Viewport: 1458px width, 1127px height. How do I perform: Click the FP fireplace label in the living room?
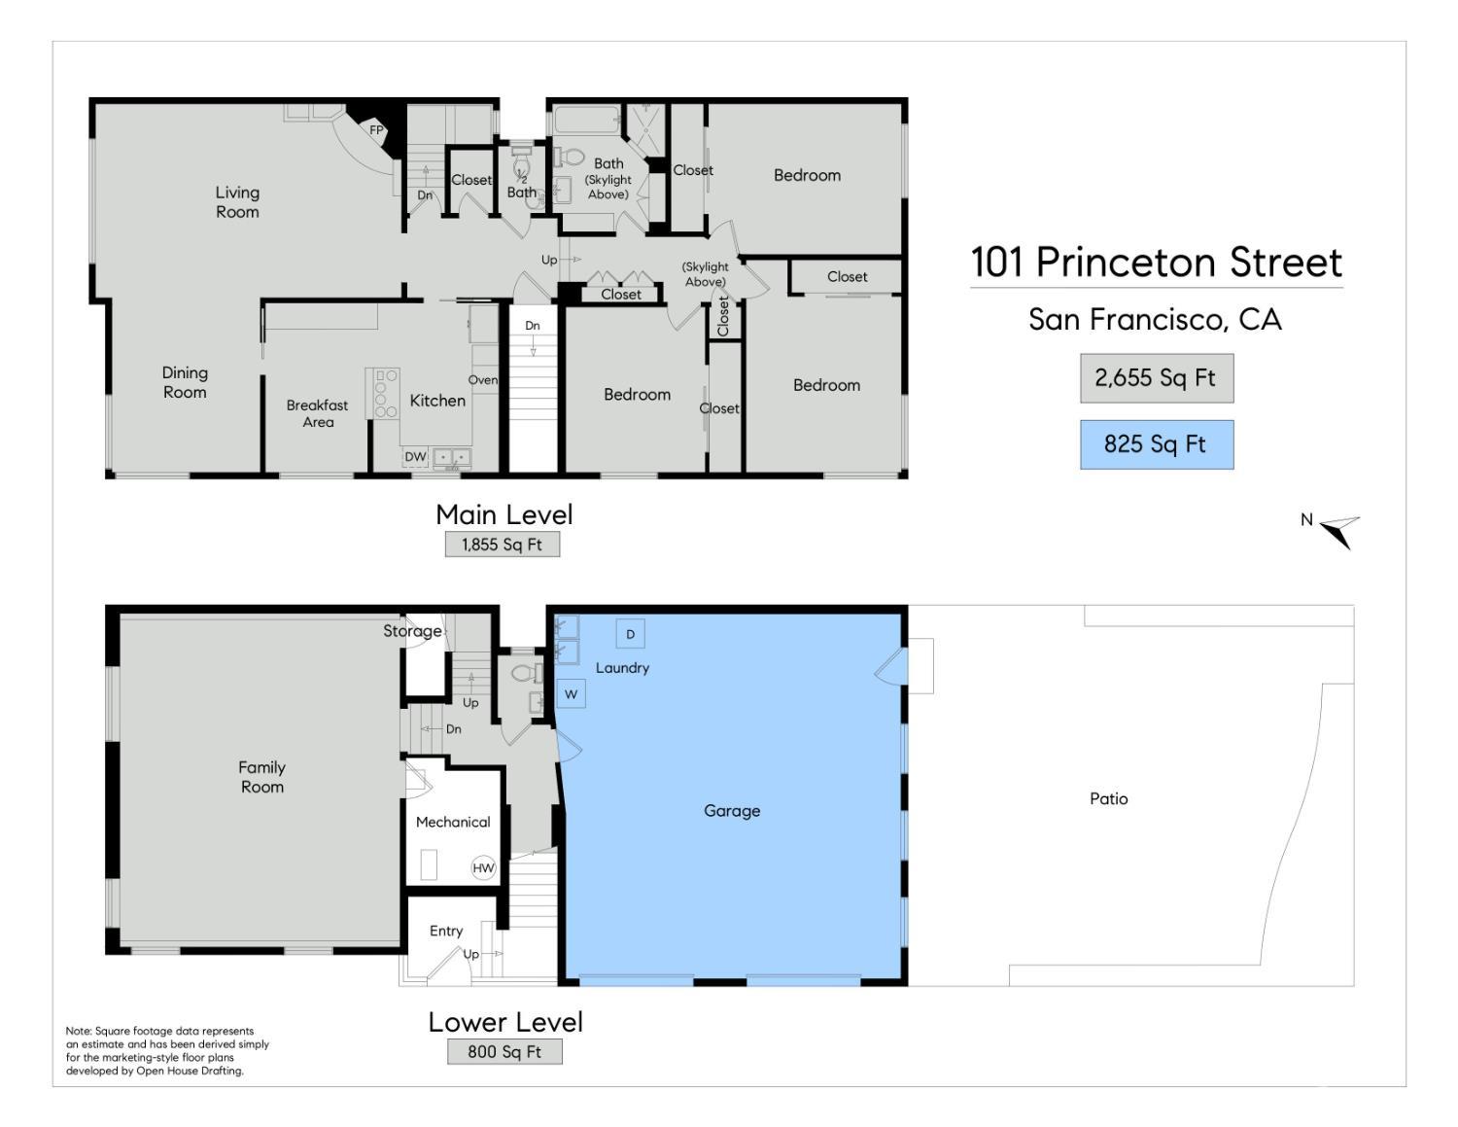pos(376,130)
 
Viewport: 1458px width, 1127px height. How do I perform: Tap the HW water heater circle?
pos(483,867)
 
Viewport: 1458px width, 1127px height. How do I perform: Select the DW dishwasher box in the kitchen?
pos(415,456)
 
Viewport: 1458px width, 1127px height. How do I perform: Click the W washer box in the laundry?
pos(571,694)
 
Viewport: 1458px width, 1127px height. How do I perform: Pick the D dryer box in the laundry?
pos(630,634)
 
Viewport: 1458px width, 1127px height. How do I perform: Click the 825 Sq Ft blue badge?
pos(1156,444)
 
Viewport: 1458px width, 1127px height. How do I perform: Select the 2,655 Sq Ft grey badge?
pos(1156,378)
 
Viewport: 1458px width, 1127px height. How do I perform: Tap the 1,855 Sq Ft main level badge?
pos(502,545)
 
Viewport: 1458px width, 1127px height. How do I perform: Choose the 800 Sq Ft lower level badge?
pos(504,1051)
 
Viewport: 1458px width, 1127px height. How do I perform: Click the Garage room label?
pos(732,811)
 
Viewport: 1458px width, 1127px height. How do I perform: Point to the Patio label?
pos(1108,798)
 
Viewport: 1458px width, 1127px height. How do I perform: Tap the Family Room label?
pos(261,777)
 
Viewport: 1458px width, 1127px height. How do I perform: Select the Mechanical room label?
pos(453,823)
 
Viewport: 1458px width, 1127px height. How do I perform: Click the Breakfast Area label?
pos(318,413)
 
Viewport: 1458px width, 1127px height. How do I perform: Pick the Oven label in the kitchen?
pos(483,380)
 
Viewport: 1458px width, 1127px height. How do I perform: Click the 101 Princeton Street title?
pos(1156,262)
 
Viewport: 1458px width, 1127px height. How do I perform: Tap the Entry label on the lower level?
pos(446,931)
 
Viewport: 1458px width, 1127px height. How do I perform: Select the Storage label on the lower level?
pos(412,631)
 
